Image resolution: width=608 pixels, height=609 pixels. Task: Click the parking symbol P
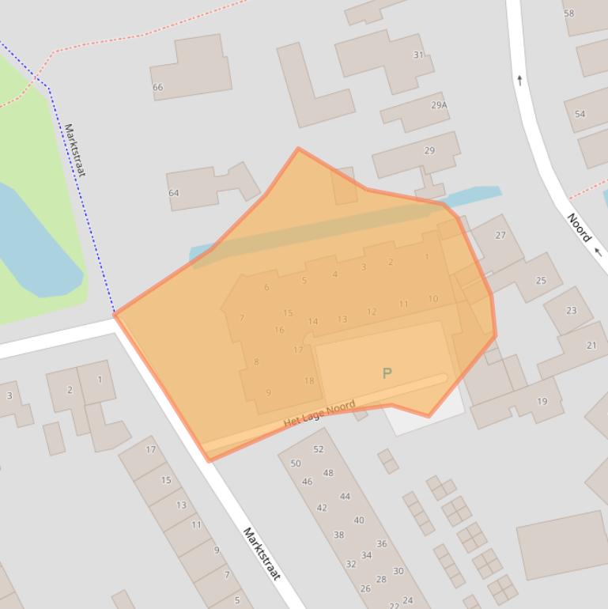tap(387, 373)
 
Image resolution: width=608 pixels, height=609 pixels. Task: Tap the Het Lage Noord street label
tap(319, 414)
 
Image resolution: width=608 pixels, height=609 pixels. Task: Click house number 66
tap(157, 87)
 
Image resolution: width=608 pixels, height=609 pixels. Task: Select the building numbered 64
tap(173, 193)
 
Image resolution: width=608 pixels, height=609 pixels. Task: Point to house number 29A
tap(439, 105)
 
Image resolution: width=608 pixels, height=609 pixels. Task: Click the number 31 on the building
tap(418, 55)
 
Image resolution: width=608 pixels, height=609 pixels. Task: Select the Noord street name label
tap(579, 227)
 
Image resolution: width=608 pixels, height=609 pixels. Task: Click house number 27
tap(500, 235)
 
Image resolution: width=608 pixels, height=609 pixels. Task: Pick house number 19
tap(542, 402)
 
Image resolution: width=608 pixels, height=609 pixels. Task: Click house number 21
tap(591, 346)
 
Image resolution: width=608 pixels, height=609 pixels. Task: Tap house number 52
tap(319, 449)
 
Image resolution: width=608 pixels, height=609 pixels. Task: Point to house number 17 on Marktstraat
tap(150, 450)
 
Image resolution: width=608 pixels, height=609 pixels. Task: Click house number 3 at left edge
tap(9, 395)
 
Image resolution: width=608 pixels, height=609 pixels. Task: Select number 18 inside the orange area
tap(309, 381)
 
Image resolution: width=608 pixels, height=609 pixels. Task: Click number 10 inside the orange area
tap(433, 299)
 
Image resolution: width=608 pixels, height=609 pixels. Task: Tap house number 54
tap(580, 115)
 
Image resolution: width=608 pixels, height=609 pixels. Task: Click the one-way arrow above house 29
tap(519, 80)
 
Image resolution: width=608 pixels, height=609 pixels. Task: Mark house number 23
tap(571, 311)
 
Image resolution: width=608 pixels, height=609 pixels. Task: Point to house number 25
tap(541, 280)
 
